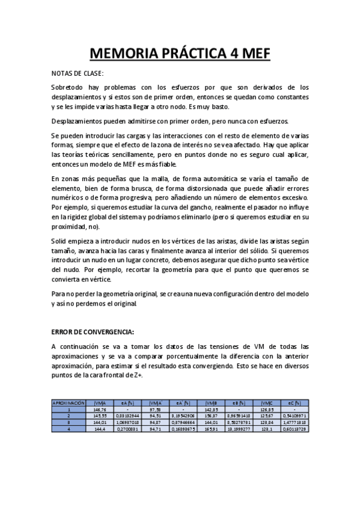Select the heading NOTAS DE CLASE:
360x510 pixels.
click(x=78, y=73)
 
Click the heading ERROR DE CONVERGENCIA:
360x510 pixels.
click(x=93, y=331)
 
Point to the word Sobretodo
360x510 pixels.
click(x=68, y=88)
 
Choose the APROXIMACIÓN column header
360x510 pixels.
click(x=69, y=404)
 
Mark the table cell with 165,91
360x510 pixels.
click(x=211, y=429)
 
